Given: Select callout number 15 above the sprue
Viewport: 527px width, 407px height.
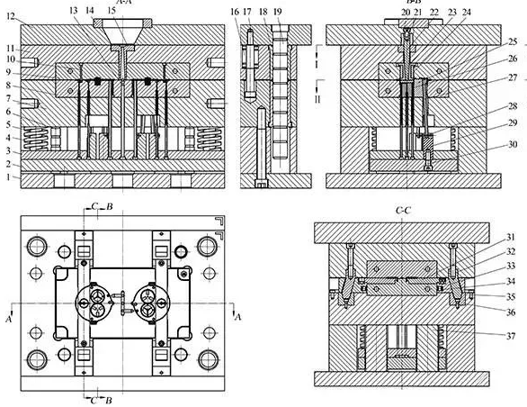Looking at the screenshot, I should tap(110, 9).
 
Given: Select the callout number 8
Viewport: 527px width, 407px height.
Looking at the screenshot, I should tap(9, 85).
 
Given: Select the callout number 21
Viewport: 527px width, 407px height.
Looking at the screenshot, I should tap(420, 12).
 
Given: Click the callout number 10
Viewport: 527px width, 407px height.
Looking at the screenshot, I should tap(9, 59).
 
